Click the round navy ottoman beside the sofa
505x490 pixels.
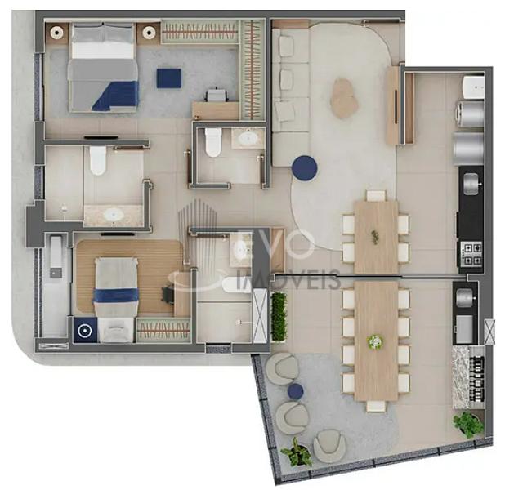coord(304,168)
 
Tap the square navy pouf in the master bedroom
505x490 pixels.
coord(169,78)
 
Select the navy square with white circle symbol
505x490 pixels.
coord(85,330)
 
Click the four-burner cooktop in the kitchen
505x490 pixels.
coord(471,254)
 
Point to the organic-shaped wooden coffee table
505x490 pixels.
coord(344,98)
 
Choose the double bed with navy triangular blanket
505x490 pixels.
coord(103,68)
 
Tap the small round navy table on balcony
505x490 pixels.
coord(295,391)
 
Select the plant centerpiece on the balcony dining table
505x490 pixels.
coord(375,341)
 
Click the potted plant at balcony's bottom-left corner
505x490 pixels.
coord(297,452)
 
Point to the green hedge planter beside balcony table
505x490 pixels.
coord(279,316)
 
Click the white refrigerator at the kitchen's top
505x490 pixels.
coord(473,87)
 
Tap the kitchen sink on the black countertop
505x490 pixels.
coord(471,184)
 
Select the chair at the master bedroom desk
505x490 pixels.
coord(217,95)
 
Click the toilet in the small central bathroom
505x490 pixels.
coord(213,143)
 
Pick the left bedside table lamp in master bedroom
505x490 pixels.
coord(56,32)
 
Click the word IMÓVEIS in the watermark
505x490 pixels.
coord(288,278)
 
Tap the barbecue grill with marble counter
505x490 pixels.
coord(468,377)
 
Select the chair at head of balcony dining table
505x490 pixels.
coord(376,407)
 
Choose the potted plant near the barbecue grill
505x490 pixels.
coord(468,424)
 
